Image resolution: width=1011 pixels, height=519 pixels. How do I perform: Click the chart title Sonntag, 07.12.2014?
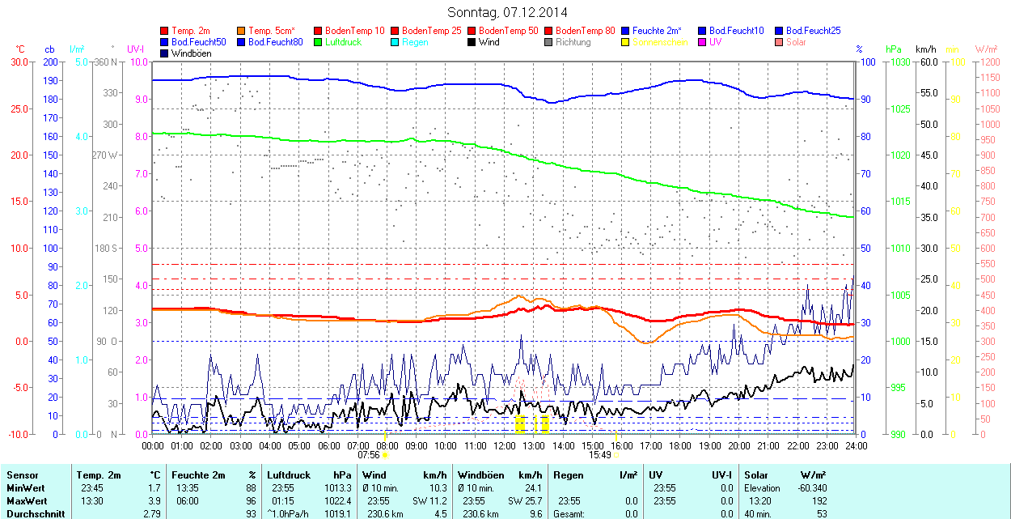(x=507, y=13)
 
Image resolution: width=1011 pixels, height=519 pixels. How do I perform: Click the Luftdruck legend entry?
(x=343, y=42)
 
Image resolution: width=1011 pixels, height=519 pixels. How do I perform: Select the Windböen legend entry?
(x=191, y=53)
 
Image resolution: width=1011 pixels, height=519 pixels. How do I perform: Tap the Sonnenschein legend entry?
(x=660, y=42)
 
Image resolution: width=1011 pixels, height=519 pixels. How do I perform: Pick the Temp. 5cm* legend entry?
(x=271, y=31)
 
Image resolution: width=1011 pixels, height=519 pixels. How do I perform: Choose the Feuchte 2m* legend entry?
(x=657, y=31)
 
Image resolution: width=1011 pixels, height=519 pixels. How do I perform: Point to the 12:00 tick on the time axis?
(x=504, y=445)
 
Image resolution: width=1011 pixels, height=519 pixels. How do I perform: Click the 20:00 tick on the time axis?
(x=738, y=445)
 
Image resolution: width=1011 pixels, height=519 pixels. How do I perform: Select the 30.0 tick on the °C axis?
(x=19, y=62)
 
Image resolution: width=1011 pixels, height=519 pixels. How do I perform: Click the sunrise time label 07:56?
(x=369, y=455)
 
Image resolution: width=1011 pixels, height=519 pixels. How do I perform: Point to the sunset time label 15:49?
(x=599, y=455)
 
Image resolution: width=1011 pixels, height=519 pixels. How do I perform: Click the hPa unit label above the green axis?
(x=893, y=49)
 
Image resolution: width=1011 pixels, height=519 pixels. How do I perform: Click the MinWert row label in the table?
(x=25, y=488)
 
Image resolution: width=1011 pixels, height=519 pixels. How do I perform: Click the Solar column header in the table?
(x=756, y=475)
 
